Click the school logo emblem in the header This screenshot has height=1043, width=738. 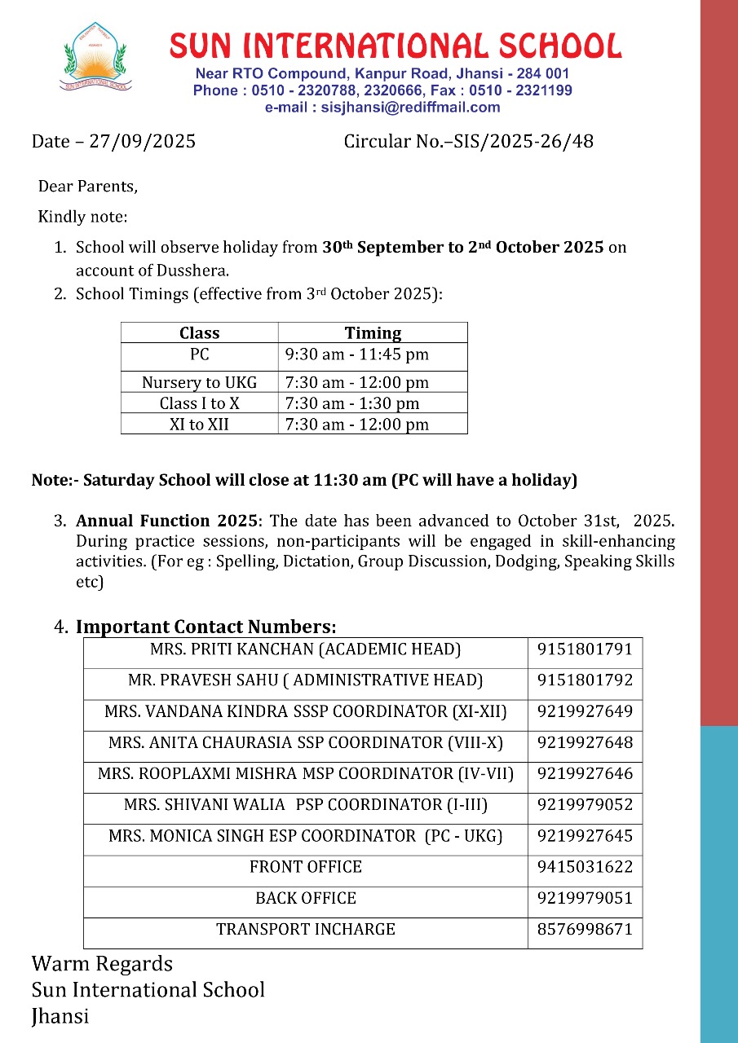(95, 56)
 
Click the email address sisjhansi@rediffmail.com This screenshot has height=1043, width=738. (382, 108)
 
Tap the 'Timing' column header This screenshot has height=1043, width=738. (373, 332)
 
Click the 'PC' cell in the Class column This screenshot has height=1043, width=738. (199, 354)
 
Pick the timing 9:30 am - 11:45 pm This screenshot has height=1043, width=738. (357, 354)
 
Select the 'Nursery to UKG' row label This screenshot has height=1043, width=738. (199, 382)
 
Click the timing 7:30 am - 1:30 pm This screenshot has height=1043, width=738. (352, 403)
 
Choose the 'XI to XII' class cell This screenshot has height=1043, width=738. (199, 425)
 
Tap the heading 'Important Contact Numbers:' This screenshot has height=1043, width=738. (205, 627)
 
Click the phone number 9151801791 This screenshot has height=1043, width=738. (585, 649)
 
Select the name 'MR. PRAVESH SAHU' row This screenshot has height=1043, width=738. (305, 680)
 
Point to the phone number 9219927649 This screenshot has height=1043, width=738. (585, 711)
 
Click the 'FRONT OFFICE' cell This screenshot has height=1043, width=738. (305, 867)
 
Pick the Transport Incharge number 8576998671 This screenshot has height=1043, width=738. (585, 929)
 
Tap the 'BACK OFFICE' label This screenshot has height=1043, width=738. (305, 898)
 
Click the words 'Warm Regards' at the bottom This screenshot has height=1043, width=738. (102, 964)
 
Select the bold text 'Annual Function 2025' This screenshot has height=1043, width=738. (169, 521)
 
